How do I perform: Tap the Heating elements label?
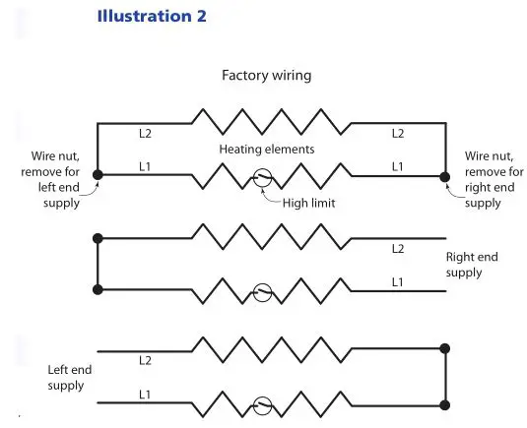click(268, 149)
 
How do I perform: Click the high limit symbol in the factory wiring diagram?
click(263, 178)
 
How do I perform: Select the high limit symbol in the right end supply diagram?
click(263, 291)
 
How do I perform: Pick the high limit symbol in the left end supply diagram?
click(263, 403)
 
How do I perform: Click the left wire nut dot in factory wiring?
click(97, 177)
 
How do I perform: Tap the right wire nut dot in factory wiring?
click(445, 177)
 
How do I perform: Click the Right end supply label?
click(472, 265)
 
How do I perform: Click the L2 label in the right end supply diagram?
click(398, 249)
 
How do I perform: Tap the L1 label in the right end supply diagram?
click(398, 282)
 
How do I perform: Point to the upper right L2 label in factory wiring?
click(398, 133)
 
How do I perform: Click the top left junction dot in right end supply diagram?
click(97, 238)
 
